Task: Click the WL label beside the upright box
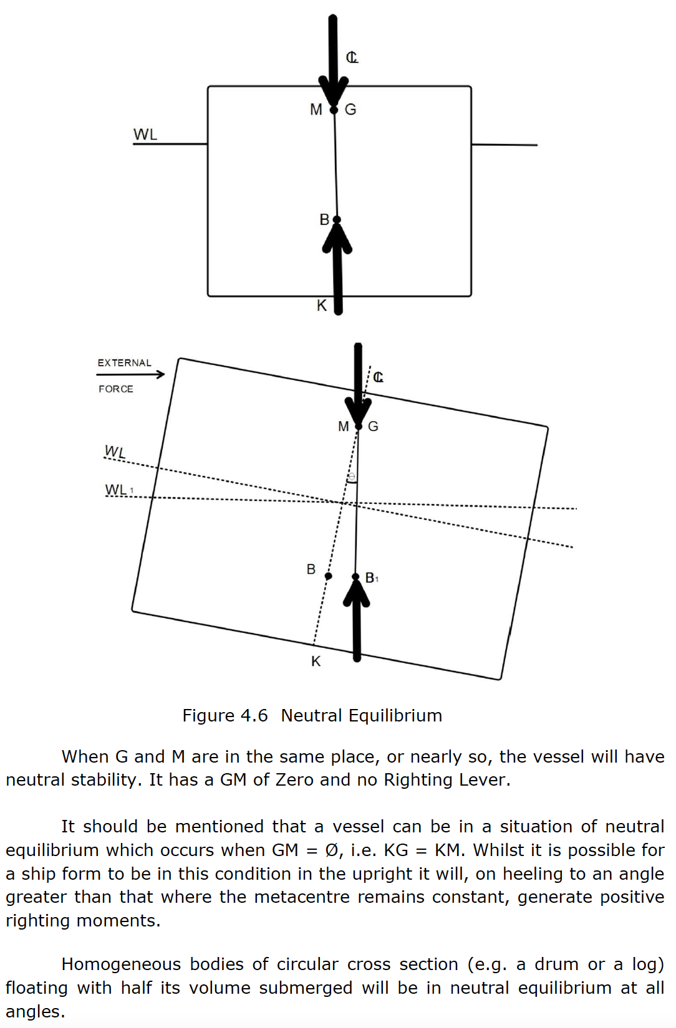click(x=145, y=135)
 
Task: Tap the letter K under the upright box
click(x=322, y=305)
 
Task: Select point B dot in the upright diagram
click(x=337, y=220)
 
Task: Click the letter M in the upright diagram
click(x=316, y=110)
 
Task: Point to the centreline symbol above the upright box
click(x=352, y=58)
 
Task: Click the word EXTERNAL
click(x=124, y=363)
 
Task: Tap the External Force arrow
click(x=130, y=374)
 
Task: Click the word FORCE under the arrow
click(x=116, y=389)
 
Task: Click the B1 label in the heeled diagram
click(x=372, y=578)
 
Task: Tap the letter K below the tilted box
click(x=316, y=662)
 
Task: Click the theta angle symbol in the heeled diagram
click(x=352, y=477)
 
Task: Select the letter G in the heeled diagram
click(x=374, y=427)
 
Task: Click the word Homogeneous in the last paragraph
click(x=121, y=964)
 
